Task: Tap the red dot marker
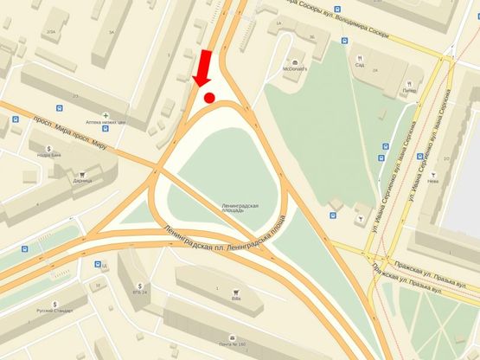209,98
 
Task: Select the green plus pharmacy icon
106,115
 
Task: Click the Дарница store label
83,182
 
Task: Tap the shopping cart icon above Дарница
84,172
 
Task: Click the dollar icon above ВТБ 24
139,284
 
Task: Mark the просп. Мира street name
50,126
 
